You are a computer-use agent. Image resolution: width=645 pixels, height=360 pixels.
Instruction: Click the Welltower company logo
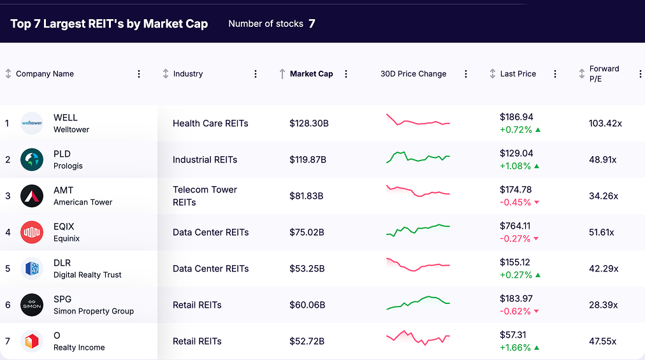[x=32, y=123]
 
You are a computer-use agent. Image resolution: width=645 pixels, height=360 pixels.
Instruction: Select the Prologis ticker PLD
[x=62, y=154]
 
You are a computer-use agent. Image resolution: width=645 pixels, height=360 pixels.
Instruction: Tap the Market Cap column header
[x=311, y=74]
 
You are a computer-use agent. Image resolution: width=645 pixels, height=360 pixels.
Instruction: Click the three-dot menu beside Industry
[x=256, y=74]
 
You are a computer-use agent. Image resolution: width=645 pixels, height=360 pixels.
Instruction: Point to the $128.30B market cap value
[x=309, y=123]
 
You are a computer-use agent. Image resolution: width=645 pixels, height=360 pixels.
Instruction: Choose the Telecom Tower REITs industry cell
[x=205, y=196]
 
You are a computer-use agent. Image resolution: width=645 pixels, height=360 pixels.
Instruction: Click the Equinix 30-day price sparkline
[x=418, y=230]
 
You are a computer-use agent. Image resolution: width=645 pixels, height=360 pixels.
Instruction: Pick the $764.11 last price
[x=515, y=226]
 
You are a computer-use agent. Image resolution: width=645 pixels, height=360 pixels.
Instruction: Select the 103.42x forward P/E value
[x=605, y=123]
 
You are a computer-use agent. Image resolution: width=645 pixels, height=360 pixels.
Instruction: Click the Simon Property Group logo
[x=32, y=305]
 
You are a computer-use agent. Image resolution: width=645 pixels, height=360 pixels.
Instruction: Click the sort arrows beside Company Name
[x=8, y=74]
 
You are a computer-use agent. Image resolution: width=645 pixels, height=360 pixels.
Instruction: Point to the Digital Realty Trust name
[x=87, y=275]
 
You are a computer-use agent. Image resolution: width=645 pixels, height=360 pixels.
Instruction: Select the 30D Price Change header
[x=413, y=74]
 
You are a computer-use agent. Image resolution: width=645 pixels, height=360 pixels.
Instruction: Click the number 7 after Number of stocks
[x=312, y=24]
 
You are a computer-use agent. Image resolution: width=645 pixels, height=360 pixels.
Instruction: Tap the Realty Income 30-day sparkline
[x=418, y=337]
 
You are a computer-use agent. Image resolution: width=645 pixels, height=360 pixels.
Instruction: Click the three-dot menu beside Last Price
[x=555, y=74]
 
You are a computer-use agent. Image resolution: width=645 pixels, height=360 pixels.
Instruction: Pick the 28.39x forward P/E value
[x=603, y=305]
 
